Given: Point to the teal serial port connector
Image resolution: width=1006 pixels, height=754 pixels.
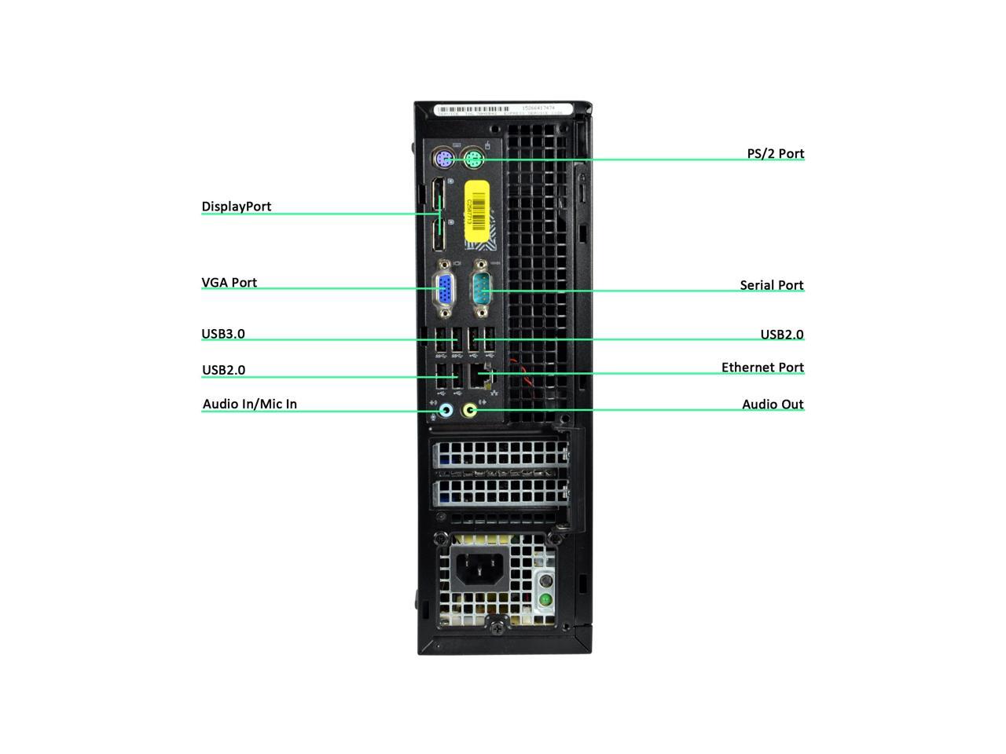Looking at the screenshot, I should pyautogui.click(x=482, y=290).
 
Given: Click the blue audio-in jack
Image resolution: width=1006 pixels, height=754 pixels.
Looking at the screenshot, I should pyautogui.click(x=445, y=409).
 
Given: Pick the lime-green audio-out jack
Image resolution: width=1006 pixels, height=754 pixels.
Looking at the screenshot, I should pyautogui.click(x=471, y=409).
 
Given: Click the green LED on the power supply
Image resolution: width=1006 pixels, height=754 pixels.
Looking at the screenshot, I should pyautogui.click(x=545, y=599).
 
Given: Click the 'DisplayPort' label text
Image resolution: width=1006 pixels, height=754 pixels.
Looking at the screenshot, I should pyautogui.click(x=237, y=207).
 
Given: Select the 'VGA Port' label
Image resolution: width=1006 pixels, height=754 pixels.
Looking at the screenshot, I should pyautogui.click(x=229, y=283).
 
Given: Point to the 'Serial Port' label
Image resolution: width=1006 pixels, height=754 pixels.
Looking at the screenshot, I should pyautogui.click(x=771, y=285).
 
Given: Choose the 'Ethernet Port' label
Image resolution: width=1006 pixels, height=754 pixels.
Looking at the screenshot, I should pyautogui.click(x=762, y=368).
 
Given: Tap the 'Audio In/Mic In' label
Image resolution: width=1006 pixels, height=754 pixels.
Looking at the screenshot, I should pyautogui.click(x=250, y=404).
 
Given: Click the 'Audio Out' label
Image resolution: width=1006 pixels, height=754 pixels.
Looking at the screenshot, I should pyautogui.click(x=773, y=404).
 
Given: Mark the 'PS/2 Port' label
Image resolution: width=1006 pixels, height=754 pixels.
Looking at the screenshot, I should pyautogui.click(x=775, y=154).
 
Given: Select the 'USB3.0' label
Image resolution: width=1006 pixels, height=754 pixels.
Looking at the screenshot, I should pyautogui.click(x=223, y=334).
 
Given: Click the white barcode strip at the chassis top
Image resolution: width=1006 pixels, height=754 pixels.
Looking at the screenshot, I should pyautogui.click(x=499, y=110).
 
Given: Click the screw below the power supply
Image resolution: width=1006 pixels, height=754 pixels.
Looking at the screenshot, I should pyautogui.click(x=497, y=626).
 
